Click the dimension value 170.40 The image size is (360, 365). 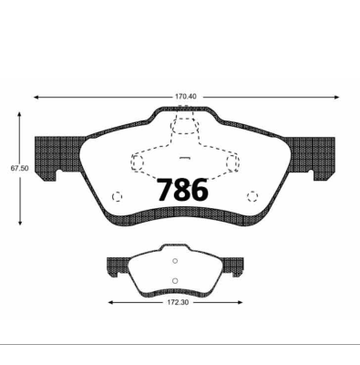[186, 93]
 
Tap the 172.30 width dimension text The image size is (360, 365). [176, 302]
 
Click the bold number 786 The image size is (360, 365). [182, 190]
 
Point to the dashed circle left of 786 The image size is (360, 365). [116, 196]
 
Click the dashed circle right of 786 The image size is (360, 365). [253, 196]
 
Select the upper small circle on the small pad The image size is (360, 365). [175, 263]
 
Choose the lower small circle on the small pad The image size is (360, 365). [175, 279]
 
